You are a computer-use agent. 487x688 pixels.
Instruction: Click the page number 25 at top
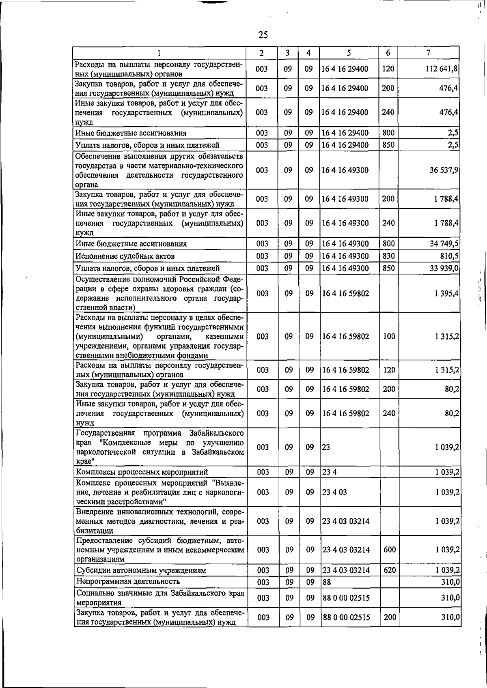coord(263,35)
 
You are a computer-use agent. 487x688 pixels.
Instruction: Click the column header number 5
coord(349,53)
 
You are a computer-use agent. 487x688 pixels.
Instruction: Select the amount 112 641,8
coord(442,69)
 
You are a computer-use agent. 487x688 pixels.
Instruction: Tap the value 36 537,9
coord(444,170)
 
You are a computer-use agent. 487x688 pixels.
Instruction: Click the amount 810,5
coord(449,256)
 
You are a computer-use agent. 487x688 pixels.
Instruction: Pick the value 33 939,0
coord(444,268)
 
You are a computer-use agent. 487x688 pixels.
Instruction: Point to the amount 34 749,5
coord(444,244)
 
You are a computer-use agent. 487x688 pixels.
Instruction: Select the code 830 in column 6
coord(388,256)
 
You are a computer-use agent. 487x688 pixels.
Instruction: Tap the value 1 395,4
coord(446,293)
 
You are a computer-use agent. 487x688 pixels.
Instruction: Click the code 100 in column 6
coord(389,336)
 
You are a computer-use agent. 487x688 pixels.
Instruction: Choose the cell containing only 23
coord(326,447)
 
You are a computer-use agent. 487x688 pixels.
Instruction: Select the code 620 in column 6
coord(389,570)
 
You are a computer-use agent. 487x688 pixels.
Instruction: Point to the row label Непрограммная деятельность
coord(128,582)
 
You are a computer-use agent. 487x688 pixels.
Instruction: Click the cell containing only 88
coord(326,582)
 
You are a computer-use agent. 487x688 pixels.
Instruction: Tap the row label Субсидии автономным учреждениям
coord(141,570)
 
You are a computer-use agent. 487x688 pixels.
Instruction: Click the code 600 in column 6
coord(389,550)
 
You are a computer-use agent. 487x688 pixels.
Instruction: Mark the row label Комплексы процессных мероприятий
coord(142,472)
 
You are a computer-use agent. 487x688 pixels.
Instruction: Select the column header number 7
coord(429,53)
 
